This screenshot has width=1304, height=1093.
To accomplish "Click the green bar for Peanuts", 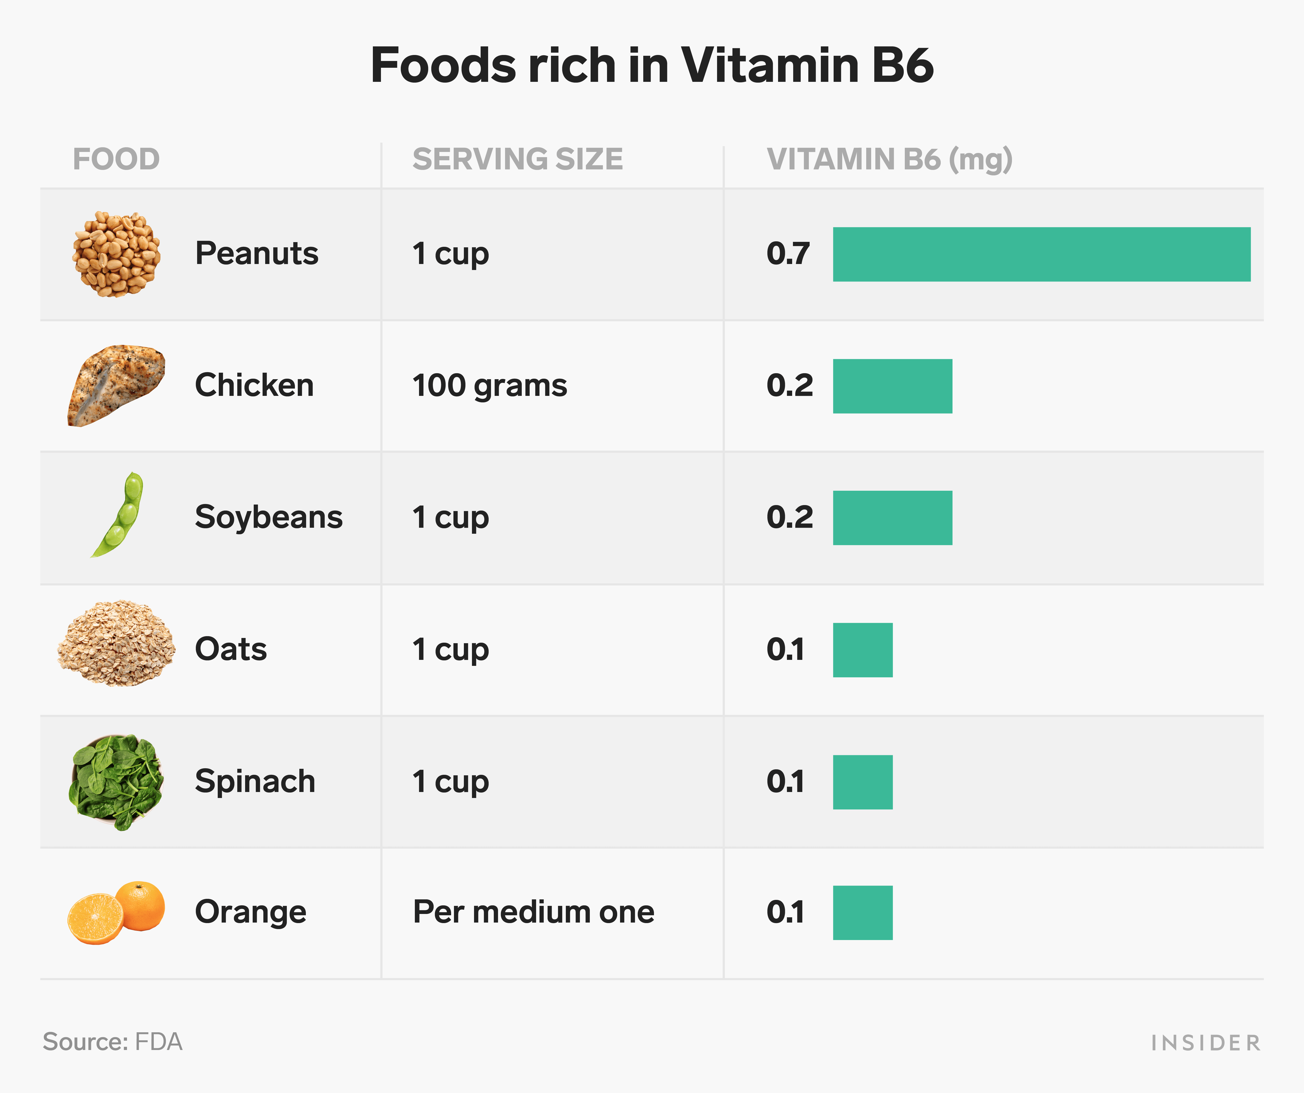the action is click(x=1041, y=254).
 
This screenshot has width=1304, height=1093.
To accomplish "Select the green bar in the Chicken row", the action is click(x=892, y=386).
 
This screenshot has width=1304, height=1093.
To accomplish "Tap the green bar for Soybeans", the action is click(x=892, y=518).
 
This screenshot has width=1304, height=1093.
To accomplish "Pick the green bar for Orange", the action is click(x=863, y=912).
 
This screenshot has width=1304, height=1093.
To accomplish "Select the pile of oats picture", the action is click(x=116, y=643).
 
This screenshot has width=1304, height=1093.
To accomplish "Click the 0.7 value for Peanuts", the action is click(x=788, y=253).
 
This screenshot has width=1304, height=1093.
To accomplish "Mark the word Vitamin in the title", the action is click(x=770, y=65).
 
